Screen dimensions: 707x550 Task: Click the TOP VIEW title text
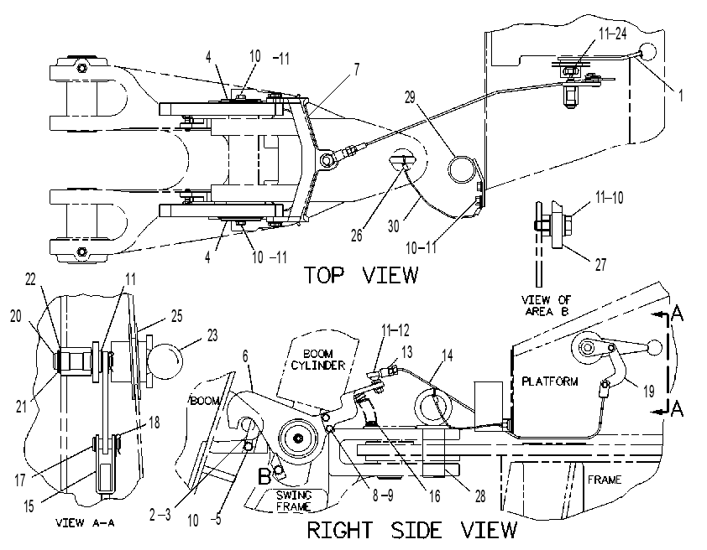[x=362, y=275]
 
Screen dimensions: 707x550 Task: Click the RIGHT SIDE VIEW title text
[x=412, y=530]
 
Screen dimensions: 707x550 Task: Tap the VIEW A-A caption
[x=85, y=522]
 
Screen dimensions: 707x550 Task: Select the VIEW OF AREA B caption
[x=546, y=305]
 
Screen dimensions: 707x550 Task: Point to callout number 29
[x=410, y=97]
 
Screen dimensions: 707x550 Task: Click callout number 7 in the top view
[x=357, y=70]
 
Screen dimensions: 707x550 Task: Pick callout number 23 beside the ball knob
[x=212, y=335]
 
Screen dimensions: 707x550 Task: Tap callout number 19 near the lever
[x=648, y=392]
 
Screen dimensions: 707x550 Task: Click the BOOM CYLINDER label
[x=318, y=360]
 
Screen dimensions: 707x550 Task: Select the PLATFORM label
[x=550, y=381]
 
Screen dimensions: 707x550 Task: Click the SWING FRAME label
[x=294, y=501]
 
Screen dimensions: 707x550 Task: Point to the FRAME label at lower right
[x=605, y=480]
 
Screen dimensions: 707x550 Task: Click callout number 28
[x=480, y=496]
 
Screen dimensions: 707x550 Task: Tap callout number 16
[x=434, y=496]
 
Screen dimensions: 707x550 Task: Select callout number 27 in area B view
[x=600, y=265]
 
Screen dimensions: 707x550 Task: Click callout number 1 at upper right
[x=681, y=95]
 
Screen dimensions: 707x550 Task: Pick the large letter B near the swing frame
[x=264, y=476]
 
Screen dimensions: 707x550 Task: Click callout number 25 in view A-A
[x=176, y=316]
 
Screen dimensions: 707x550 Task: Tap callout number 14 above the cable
[x=447, y=355]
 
